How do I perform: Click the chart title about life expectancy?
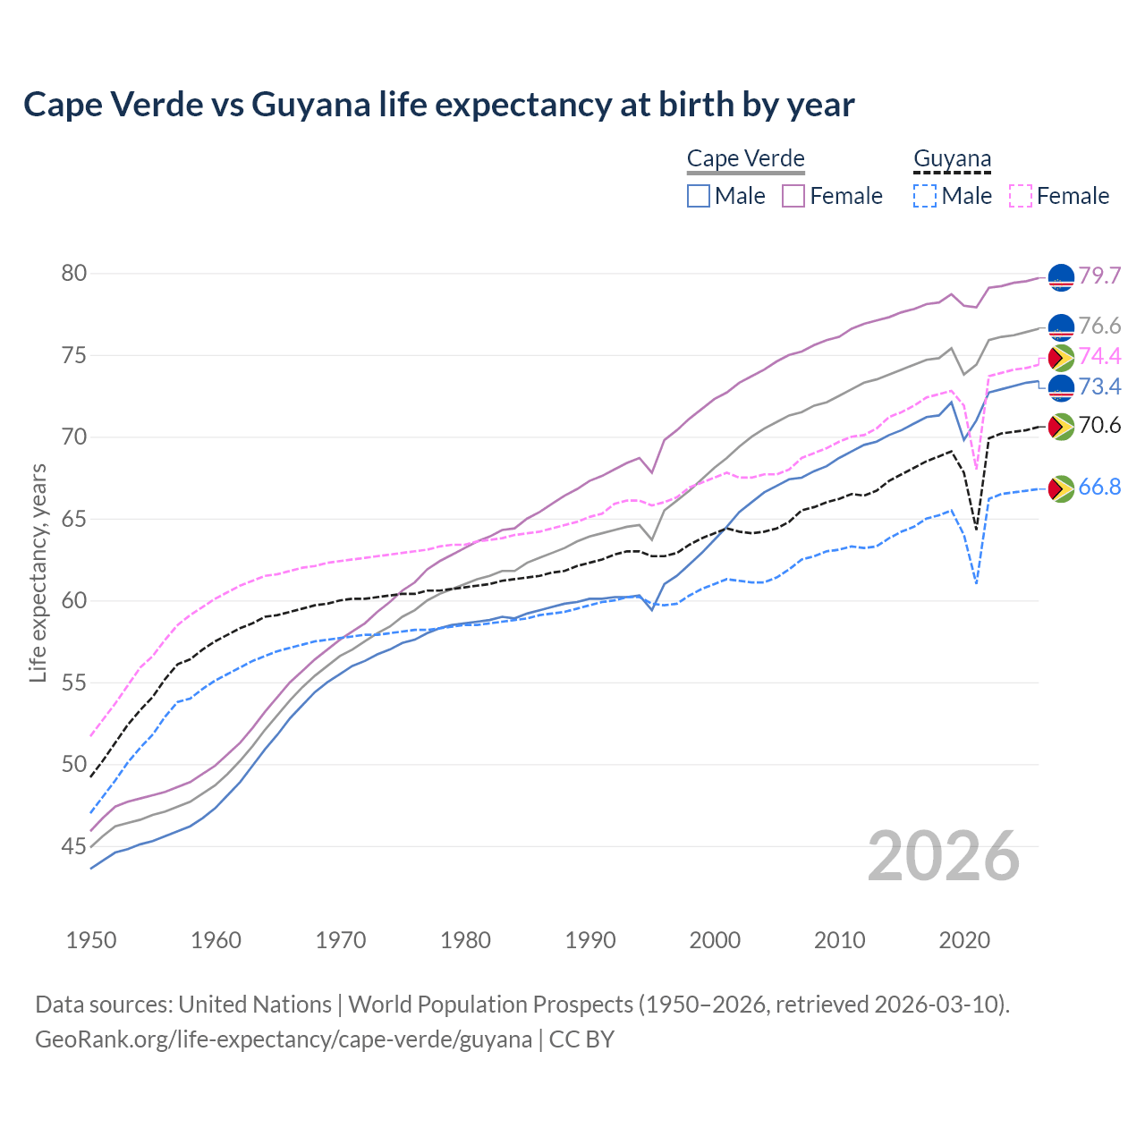tap(439, 105)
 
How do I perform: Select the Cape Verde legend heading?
tap(745, 159)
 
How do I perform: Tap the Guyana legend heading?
tap(952, 159)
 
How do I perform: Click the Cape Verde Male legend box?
tap(699, 196)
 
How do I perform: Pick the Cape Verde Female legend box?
tap(793, 196)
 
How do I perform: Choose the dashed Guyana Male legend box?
tap(925, 196)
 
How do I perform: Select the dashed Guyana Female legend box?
tap(1021, 196)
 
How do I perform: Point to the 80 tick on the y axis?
tap(74, 274)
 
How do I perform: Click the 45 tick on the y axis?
tap(74, 846)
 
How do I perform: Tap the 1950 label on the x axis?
tap(91, 940)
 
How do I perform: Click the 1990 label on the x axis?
tap(590, 940)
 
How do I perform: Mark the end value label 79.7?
tap(1099, 276)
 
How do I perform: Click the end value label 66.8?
tap(1099, 488)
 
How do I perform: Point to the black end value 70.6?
tap(1099, 426)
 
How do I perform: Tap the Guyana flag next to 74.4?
tap(1060, 358)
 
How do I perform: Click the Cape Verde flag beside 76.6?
tap(1060, 327)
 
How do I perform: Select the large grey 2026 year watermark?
tap(944, 856)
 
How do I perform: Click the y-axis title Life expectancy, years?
tap(38, 572)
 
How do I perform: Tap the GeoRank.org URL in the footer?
tap(284, 1039)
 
